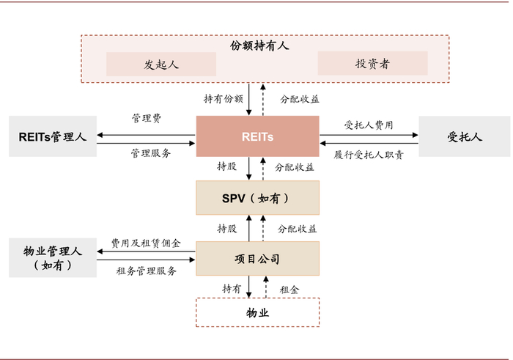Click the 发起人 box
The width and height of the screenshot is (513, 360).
click(x=161, y=64)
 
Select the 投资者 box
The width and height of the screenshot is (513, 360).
click(x=373, y=64)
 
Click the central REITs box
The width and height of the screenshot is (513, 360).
click(x=257, y=136)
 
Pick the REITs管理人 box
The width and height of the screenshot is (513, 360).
click(x=53, y=136)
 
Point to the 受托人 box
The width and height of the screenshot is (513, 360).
click(x=465, y=136)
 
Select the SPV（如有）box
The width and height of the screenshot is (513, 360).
click(x=257, y=198)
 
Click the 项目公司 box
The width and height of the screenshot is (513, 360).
click(x=257, y=259)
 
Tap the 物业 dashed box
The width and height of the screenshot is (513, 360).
click(x=257, y=312)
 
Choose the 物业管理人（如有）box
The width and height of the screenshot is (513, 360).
click(x=53, y=258)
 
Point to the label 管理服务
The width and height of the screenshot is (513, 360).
click(x=151, y=153)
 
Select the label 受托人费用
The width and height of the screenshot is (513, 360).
click(x=369, y=125)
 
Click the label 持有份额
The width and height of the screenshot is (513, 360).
click(x=223, y=98)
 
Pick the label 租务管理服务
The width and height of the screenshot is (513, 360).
click(x=147, y=271)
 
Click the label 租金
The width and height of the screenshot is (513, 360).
click(x=289, y=289)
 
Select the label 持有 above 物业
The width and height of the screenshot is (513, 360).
click(x=232, y=289)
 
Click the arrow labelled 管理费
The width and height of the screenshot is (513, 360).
click(x=147, y=134)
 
